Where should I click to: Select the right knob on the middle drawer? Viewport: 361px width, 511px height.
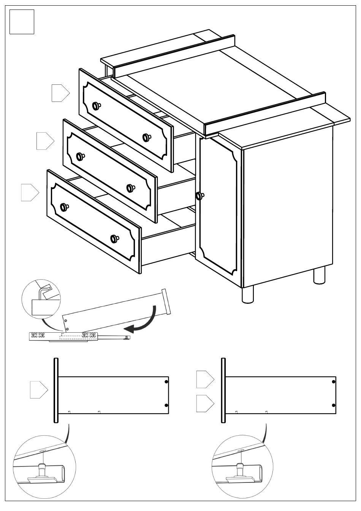131,188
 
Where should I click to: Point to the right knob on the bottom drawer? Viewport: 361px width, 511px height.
114,238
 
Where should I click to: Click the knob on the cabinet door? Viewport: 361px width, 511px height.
199,196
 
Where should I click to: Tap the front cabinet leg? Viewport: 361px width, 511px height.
248,294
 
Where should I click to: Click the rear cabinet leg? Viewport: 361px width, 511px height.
319,275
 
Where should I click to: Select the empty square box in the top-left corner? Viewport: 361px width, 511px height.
22,22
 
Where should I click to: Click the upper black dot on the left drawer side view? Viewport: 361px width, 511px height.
166,381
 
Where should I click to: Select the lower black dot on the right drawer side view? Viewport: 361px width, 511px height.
334,405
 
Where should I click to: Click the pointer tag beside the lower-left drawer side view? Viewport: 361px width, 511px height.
39,390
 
